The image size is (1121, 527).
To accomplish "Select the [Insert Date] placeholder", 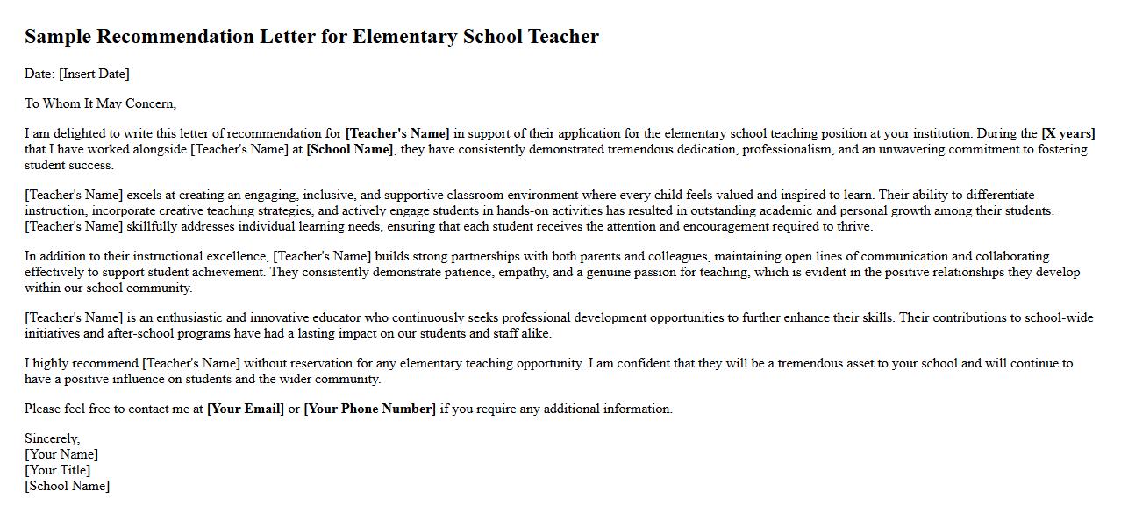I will tap(94, 74).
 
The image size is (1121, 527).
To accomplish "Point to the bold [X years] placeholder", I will tap(1067, 133).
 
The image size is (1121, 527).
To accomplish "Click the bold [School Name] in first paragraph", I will tap(350, 149).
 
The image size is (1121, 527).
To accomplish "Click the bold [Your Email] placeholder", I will tap(246, 409).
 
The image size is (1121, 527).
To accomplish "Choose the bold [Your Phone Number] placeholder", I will tap(369, 409).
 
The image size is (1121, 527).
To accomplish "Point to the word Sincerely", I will tap(52, 438).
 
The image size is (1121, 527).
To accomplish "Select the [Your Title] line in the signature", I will tap(57, 470).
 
